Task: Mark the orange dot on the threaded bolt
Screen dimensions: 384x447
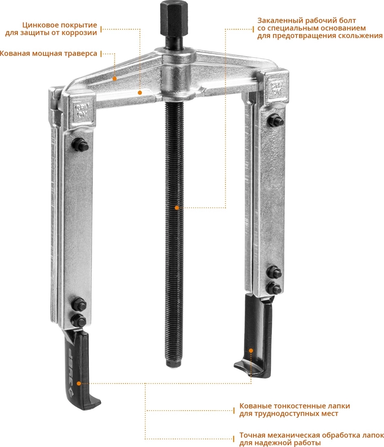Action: (177, 208)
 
